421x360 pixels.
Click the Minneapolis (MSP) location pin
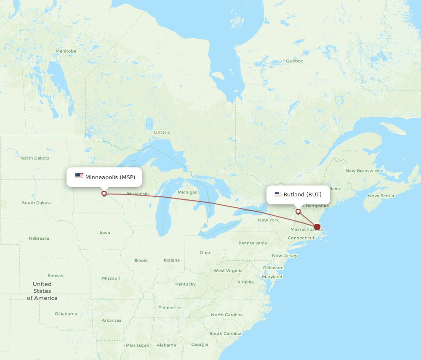[104, 193]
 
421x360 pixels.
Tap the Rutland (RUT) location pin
[298, 211]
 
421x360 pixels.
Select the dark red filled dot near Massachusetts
[317, 227]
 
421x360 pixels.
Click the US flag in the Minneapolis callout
[79, 177]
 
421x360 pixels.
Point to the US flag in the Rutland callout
[278, 194]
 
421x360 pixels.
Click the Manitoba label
[66, 51]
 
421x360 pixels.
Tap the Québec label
[294, 61]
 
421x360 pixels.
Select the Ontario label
[162, 132]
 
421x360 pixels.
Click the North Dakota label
[35, 158]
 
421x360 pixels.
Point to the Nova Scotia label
[381, 196]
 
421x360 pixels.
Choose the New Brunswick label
[362, 171]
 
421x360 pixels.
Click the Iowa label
[105, 233]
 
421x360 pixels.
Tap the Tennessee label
[170, 308]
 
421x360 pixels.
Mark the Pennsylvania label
[253, 243]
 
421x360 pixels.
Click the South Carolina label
[225, 334]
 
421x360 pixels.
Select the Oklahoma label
[66, 314]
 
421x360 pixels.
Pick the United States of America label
[42, 291]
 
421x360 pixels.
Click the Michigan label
[187, 192]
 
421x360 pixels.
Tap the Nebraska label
[39, 238]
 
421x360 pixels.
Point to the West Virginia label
[228, 270]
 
